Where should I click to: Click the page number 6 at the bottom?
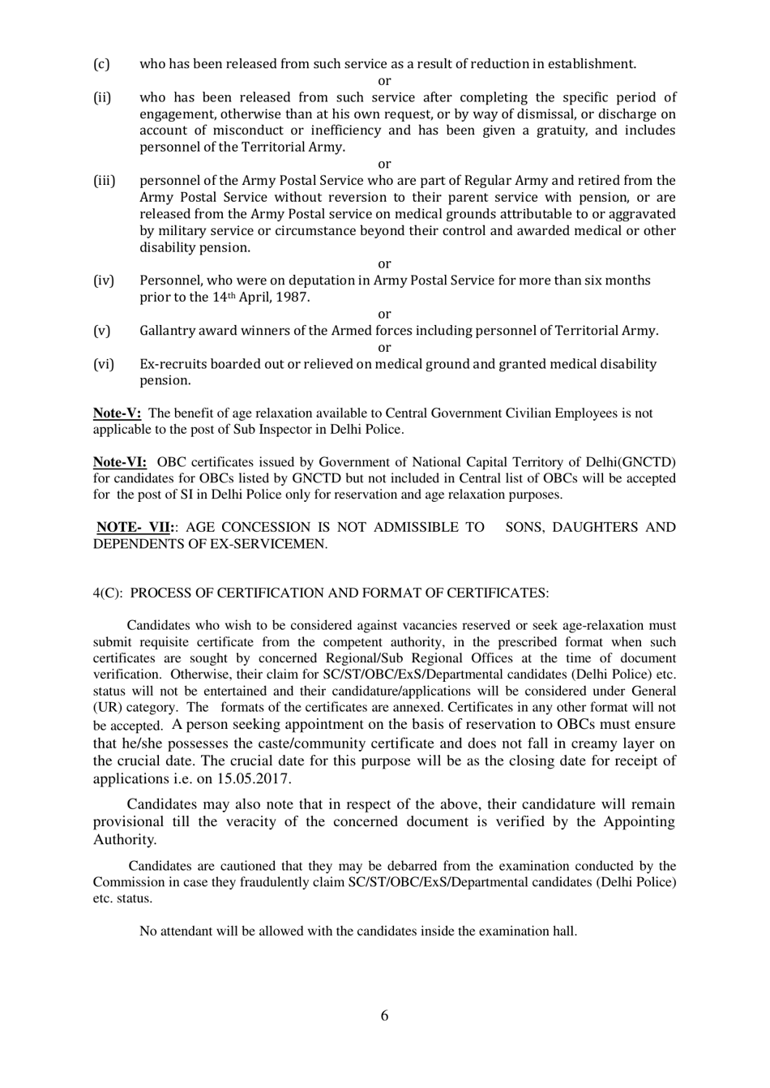[x=384, y=1016]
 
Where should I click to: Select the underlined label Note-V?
[x=117, y=413]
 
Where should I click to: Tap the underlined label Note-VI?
[x=120, y=462]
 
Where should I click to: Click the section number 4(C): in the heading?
[x=109, y=593]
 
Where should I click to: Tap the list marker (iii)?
[x=105, y=181]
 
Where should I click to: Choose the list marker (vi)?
[x=104, y=364]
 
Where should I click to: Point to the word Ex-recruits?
[x=173, y=364]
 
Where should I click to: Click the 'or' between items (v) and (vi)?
[x=384, y=348]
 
